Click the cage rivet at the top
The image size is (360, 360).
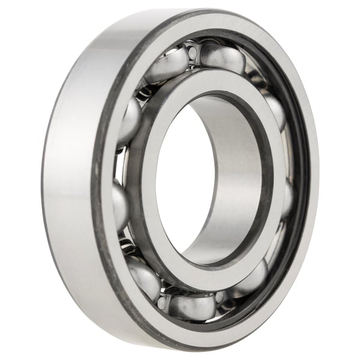(x=192, y=53)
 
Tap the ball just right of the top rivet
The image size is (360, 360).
(x=223, y=58)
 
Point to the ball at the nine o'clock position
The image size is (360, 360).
(x=119, y=204)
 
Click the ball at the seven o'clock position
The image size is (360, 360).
(x=144, y=275)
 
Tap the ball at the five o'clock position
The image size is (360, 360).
(x=253, y=279)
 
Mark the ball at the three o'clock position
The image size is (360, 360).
(x=287, y=198)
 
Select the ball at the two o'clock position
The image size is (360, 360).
(x=274, y=111)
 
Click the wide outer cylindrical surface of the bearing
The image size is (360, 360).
(x=66, y=180)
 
